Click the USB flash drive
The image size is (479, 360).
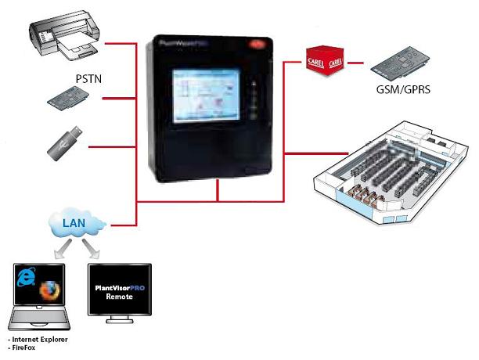[x=66, y=143]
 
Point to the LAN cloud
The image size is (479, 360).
[x=75, y=225]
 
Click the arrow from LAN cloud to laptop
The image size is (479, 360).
[x=60, y=249]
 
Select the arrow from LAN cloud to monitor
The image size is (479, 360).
[x=92, y=249]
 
